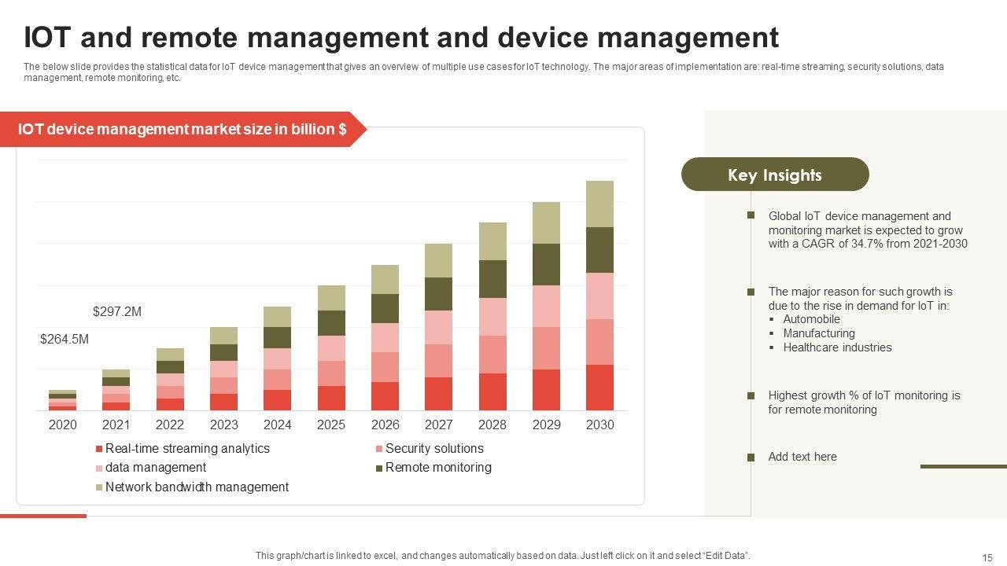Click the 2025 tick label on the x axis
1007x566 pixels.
(x=331, y=424)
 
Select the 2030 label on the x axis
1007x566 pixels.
(x=600, y=424)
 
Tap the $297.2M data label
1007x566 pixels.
(x=117, y=312)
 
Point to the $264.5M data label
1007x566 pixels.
(x=65, y=340)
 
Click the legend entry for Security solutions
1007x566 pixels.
(x=434, y=449)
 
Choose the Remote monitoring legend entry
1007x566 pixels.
(x=438, y=468)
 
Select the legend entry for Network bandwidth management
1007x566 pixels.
(x=197, y=487)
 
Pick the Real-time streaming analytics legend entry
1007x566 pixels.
(x=187, y=449)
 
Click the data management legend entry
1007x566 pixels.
(x=156, y=468)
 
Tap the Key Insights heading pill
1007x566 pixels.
(x=775, y=175)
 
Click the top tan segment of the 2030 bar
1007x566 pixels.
(x=600, y=204)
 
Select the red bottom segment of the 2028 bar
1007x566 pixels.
(x=492, y=391)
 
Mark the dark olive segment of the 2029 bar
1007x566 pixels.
(x=547, y=264)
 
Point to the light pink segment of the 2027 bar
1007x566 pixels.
(x=439, y=327)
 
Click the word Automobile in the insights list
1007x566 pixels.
(x=812, y=319)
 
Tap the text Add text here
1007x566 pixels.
(x=802, y=457)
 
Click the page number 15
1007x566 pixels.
(x=987, y=557)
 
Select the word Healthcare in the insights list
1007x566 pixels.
(x=810, y=347)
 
